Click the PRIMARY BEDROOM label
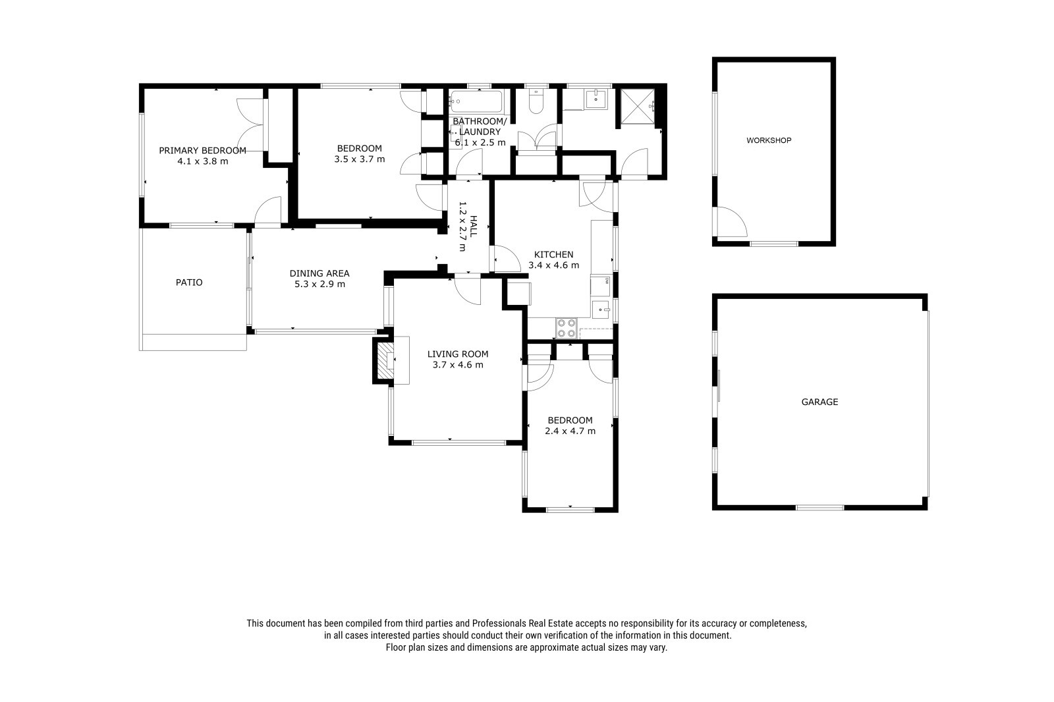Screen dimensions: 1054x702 (202, 151)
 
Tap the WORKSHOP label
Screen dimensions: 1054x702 (769, 140)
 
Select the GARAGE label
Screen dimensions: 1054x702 (819, 402)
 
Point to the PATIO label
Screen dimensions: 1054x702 (189, 283)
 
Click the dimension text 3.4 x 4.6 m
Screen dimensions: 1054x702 (554, 265)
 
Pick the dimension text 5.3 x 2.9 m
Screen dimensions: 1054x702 (320, 284)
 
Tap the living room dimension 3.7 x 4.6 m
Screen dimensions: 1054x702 (458, 365)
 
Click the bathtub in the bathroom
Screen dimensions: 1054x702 (476, 101)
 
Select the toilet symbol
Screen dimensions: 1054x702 (536, 101)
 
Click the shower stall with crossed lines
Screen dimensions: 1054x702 (638, 107)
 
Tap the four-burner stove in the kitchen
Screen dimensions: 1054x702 (566, 328)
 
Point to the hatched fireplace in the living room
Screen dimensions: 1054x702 (387, 361)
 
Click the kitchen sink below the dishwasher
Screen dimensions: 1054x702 (601, 310)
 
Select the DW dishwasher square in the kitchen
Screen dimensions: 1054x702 (601, 286)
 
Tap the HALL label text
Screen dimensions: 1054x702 (474, 227)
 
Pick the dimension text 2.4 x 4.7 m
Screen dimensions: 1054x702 (570, 431)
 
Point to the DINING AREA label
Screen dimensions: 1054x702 (319, 273)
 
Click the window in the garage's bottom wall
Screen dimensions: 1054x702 (819, 507)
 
